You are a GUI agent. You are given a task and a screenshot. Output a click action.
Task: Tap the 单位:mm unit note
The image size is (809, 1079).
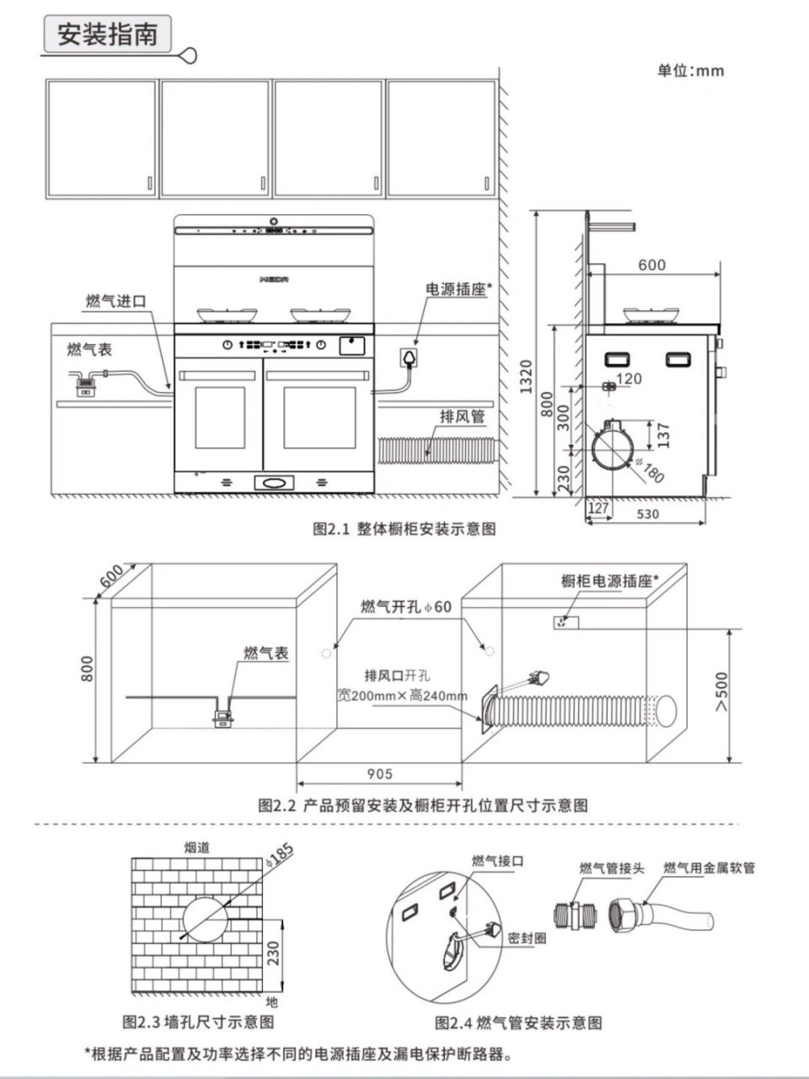690,71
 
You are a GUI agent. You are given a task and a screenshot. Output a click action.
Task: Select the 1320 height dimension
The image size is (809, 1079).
526,376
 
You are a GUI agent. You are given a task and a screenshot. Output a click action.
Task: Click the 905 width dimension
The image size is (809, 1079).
380,774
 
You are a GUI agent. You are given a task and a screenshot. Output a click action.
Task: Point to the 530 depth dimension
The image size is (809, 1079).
648,513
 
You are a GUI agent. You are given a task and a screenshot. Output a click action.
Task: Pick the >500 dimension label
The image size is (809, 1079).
722,692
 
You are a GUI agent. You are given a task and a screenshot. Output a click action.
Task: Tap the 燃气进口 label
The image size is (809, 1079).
116,301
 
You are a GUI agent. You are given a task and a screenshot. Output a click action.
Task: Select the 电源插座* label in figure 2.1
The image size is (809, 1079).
458,288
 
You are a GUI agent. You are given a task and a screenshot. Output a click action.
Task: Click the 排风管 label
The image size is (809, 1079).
463,416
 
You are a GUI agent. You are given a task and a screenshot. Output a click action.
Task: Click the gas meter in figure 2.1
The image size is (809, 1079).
85,385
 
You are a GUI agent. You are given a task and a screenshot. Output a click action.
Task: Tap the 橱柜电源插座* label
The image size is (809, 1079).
609,581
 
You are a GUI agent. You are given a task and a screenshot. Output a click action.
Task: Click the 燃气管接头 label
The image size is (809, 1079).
611,868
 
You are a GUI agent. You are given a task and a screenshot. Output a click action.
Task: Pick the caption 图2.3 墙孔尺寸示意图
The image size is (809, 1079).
198,1023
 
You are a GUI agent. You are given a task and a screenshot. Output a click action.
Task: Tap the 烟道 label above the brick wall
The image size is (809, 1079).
197,847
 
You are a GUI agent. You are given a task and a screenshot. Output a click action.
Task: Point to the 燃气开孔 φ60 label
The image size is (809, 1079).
406,607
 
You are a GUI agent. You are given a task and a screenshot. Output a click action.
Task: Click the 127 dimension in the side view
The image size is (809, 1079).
597,507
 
